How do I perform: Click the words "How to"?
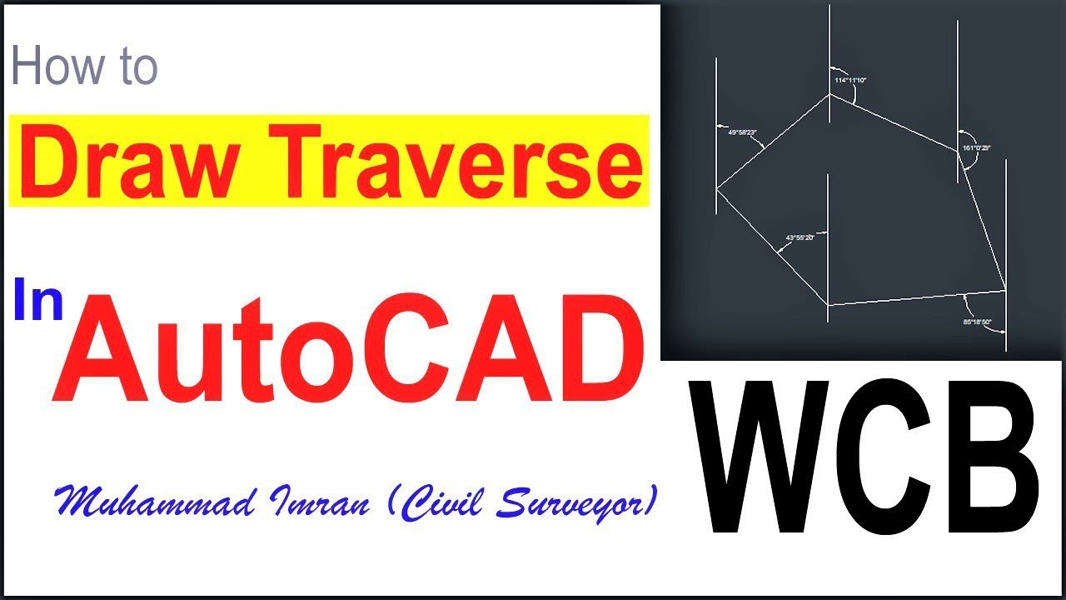point(85,67)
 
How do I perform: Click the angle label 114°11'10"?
point(850,80)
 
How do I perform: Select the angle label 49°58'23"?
point(741,132)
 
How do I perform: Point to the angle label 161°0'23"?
point(976,147)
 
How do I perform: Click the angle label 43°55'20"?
point(799,237)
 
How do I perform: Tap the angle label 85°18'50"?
point(977,321)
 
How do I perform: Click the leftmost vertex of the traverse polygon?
point(717,189)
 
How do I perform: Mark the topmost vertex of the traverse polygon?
point(829,94)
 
